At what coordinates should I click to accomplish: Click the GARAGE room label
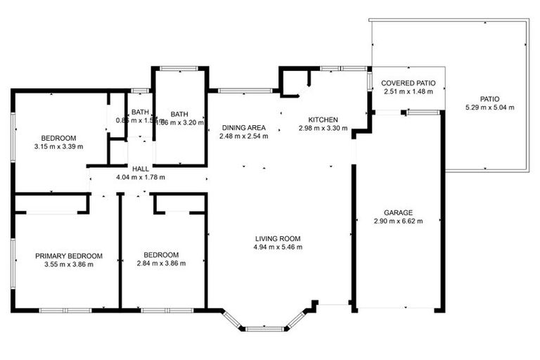[x=398, y=212]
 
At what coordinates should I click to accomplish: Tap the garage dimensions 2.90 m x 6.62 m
[x=398, y=221]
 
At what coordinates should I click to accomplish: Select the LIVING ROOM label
[x=278, y=238]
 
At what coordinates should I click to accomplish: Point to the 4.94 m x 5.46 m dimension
[x=278, y=247]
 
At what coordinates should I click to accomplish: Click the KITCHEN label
[x=323, y=120]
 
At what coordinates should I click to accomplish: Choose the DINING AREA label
[x=244, y=127]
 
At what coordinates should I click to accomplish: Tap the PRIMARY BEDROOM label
[x=69, y=255]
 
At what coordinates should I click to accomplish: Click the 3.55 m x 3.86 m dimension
[x=69, y=264]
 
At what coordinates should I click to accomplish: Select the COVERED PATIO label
[x=408, y=83]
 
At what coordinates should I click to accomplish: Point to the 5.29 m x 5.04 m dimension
[x=489, y=108]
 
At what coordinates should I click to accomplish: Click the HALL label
[x=140, y=169]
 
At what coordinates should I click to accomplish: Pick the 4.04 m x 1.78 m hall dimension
[x=140, y=178]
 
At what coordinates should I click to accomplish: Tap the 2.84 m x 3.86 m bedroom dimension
[x=161, y=264]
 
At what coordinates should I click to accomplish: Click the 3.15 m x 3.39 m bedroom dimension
[x=58, y=147]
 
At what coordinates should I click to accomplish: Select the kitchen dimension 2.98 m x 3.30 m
[x=323, y=129]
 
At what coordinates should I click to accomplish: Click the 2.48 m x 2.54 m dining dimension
[x=244, y=136]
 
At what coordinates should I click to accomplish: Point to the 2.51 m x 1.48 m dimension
[x=408, y=91]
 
